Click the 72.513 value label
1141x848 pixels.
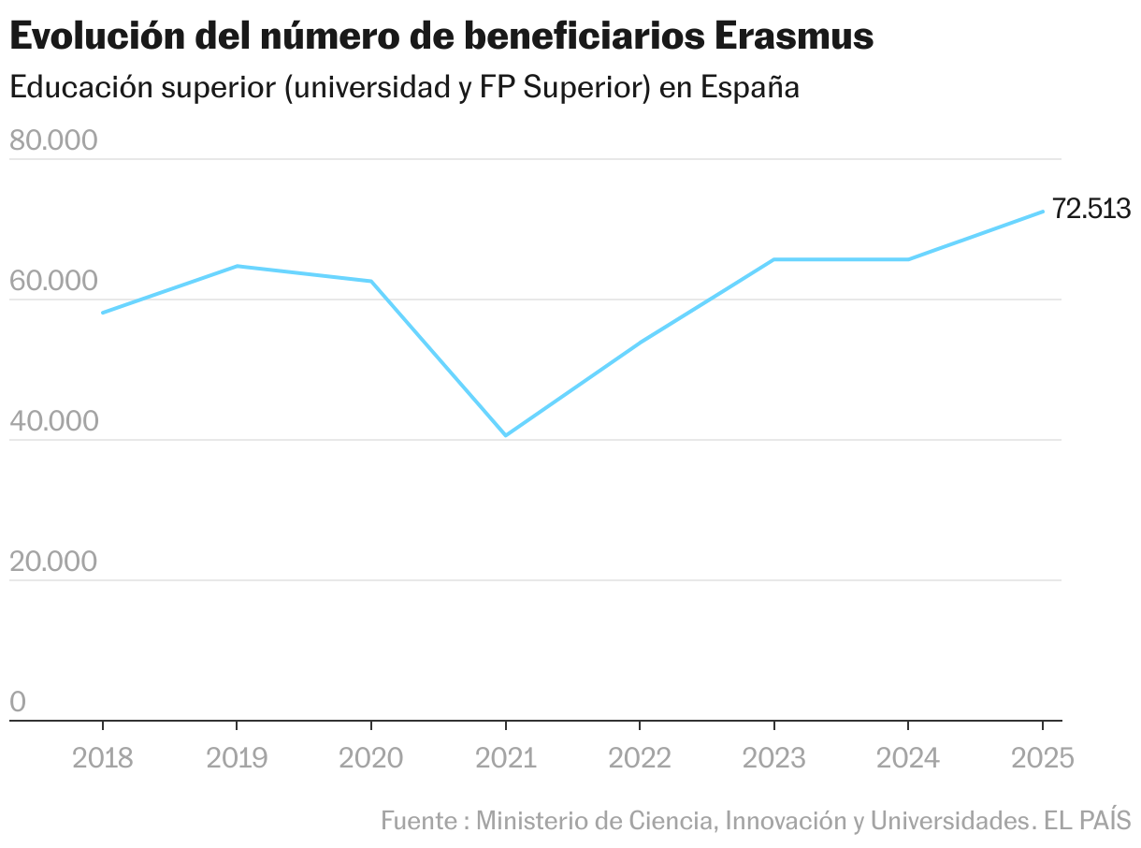pos(1091,209)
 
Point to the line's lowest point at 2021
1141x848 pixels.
pos(506,435)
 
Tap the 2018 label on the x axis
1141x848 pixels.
pos(103,758)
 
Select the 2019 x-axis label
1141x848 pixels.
pos(237,758)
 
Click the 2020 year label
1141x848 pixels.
pos(371,758)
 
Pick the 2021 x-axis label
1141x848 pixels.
pos(506,758)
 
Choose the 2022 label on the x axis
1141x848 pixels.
pos(640,758)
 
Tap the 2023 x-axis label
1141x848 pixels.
pos(774,758)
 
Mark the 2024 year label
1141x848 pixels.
pos(908,758)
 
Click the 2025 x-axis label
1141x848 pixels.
pos(1043,758)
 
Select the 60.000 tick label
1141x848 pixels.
pos(53,282)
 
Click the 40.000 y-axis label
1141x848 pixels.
pos(53,422)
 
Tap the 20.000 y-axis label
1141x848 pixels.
pos(53,563)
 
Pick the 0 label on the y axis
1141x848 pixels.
pos(18,703)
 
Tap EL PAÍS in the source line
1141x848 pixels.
pos(1088,821)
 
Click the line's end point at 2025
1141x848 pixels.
pos(1043,212)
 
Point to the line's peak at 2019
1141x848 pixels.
pos(237,266)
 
